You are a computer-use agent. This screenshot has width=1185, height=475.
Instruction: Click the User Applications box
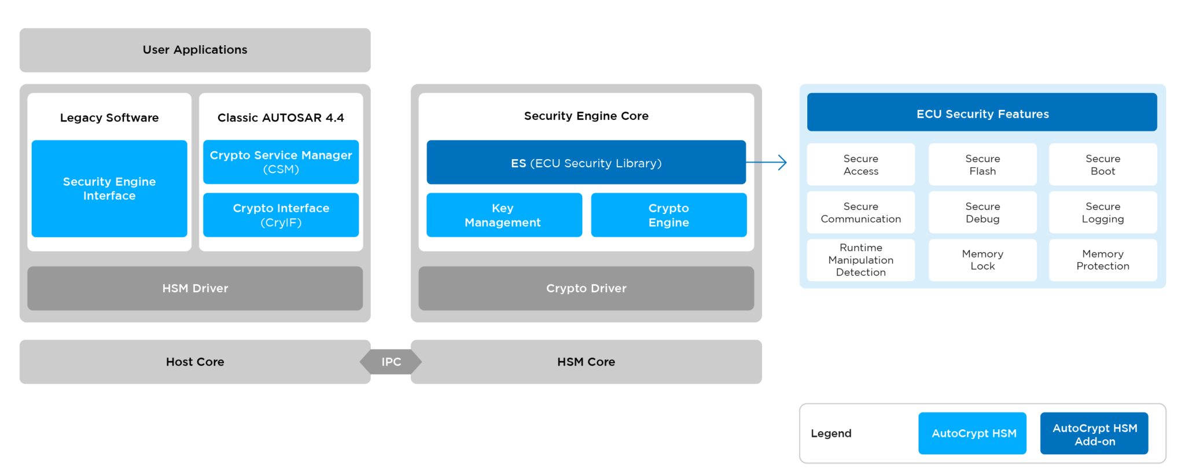point(195,50)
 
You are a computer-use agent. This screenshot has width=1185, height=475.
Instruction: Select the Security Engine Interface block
point(109,189)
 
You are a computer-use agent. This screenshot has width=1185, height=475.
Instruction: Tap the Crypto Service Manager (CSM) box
point(281,162)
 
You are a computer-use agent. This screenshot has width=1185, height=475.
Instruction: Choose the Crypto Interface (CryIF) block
point(281,215)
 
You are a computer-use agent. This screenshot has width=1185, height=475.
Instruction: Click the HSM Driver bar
point(195,288)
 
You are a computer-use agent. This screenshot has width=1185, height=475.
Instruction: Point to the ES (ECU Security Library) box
point(586,163)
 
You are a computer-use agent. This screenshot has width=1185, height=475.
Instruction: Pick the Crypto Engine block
point(668,215)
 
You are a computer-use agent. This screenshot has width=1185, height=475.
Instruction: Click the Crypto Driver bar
point(586,288)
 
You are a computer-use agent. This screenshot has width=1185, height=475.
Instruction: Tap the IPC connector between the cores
point(391,362)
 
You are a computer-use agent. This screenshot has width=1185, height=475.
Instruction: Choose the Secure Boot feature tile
point(1102,165)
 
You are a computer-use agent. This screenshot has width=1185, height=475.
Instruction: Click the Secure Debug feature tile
point(982,212)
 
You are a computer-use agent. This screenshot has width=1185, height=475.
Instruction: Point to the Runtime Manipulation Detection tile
point(860,260)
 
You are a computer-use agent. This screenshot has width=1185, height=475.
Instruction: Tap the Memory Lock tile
point(982,260)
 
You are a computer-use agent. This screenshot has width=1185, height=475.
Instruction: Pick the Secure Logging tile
point(1102,212)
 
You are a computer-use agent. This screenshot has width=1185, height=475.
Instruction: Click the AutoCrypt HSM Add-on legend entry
point(1094,434)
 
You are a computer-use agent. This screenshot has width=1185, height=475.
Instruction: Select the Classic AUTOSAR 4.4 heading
point(281,118)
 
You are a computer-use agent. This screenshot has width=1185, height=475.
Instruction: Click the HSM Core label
point(586,362)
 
